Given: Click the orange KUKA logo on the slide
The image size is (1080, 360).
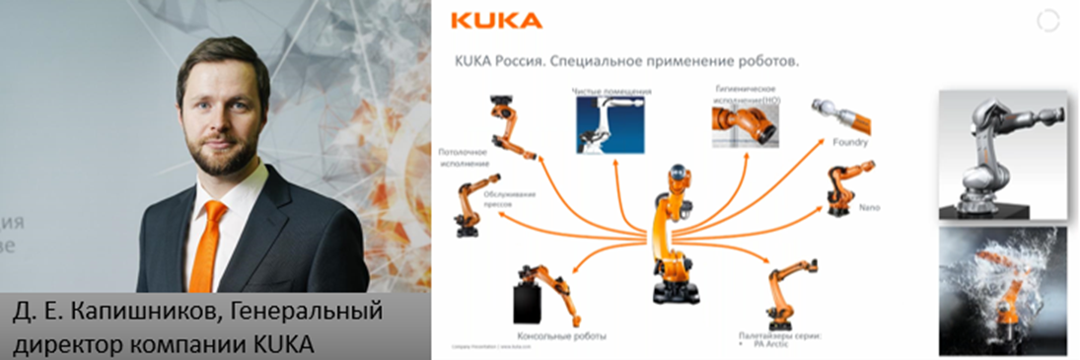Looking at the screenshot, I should [495, 21].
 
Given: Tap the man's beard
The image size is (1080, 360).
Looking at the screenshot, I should [224, 158].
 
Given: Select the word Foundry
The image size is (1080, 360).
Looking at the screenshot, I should [850, 142].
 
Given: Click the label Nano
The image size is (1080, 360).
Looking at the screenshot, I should [869, 207].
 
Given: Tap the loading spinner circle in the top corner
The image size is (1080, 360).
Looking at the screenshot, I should [1048, 21].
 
